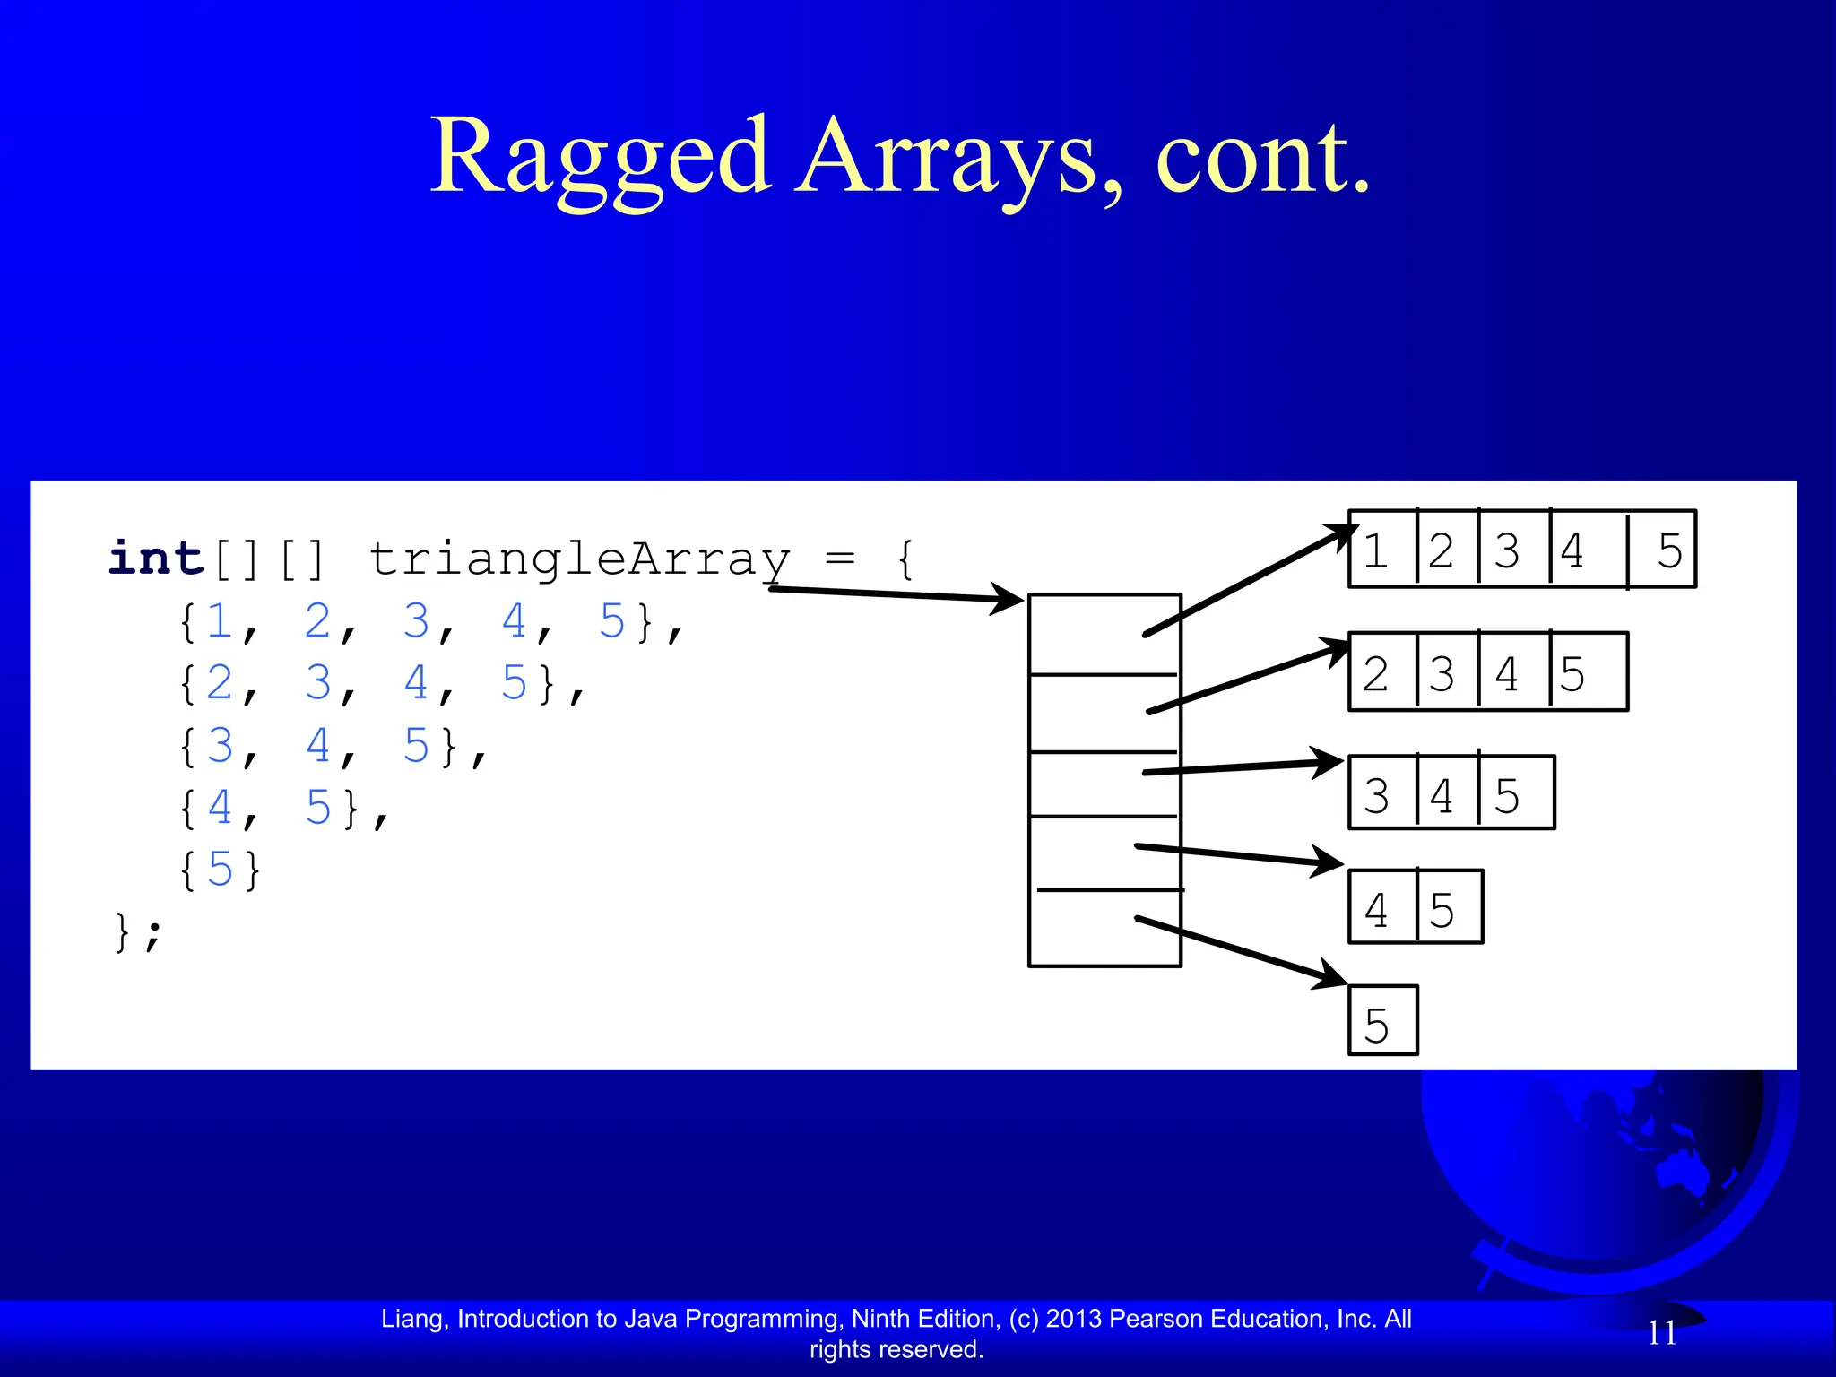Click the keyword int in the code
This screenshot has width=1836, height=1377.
pyautogui.click(x=156, y=559)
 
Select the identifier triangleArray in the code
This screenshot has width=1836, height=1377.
pyautogui.click(x=579, y=560)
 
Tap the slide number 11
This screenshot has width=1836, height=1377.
pyautogui.click(x=1662, y=1333)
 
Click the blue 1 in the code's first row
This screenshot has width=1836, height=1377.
pyautogui.click(x=220, y=620)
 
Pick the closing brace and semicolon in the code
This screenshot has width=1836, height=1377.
pyautogui.click(x=138, y=932)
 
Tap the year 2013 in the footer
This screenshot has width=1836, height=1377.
pyautogui.click(x=1074, y=1319)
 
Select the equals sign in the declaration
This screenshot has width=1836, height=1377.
pyautogui.click(x=839, y=559)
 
